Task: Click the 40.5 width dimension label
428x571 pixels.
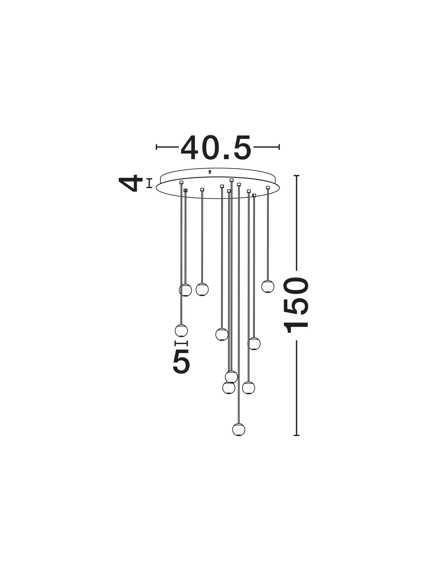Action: tap(216, 147)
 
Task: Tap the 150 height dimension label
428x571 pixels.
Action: tap(296, 305)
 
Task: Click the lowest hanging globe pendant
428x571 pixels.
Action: tap(239, 430)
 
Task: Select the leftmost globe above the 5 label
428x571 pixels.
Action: tap(181, 330)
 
